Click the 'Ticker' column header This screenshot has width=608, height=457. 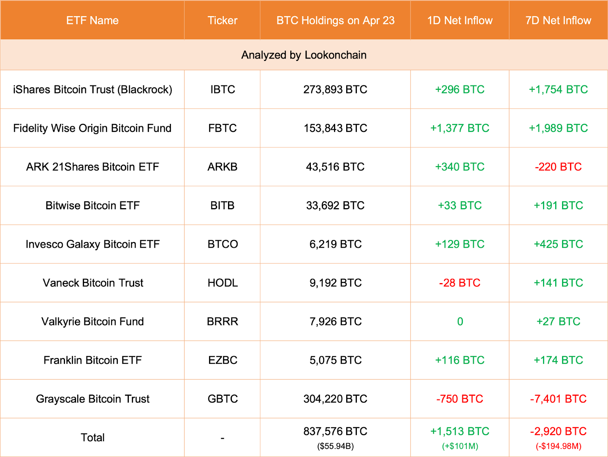[x=222, y=21]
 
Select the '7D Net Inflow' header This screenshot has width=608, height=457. [x=558, y=21]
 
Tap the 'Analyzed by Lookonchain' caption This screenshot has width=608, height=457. [x=304, y=55]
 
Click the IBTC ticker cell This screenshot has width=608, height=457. [x=223, y=90]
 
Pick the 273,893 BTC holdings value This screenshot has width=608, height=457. [x=335, y=90]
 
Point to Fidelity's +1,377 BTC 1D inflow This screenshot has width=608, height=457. [x=459, y=128]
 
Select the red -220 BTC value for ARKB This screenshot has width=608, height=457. [x=558, y=167]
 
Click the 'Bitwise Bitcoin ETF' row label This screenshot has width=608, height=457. [x=92, y=206]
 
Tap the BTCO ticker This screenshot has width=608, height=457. [x=223, y=244]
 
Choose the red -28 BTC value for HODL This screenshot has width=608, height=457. [x=459, y=283]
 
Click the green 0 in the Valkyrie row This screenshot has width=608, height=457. [x=460, y=322]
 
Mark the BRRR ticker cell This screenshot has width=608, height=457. [x=223, y=322]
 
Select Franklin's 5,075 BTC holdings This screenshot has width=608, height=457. [x=335, y=360]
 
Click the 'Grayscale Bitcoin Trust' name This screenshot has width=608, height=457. [x=92, y=399]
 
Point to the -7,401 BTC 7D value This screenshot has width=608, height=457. [x=558, y=399]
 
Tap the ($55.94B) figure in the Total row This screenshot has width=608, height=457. [x=335, y=446]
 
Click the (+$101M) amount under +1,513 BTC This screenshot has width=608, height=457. [x=460, y=446]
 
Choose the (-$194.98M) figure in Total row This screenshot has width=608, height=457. [x=558, y=446]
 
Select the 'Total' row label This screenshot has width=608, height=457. [x=92, y=438]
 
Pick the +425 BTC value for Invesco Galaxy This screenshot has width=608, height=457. [x=558, y=244]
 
